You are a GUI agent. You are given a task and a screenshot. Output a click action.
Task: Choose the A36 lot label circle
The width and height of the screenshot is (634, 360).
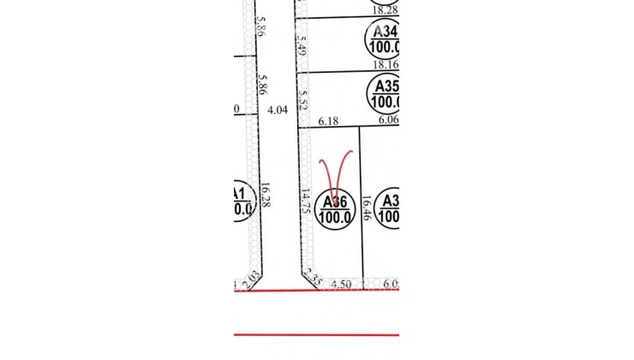[335, 208]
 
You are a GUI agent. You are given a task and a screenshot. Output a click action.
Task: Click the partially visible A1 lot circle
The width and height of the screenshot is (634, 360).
[242, 200]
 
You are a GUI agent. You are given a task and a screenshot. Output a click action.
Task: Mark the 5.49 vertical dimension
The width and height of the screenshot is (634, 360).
[301, 44]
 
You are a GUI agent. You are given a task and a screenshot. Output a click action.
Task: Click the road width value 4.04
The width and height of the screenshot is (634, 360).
[277, 111]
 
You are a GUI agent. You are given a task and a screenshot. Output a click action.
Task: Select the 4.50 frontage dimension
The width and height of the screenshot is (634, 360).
[342, 283]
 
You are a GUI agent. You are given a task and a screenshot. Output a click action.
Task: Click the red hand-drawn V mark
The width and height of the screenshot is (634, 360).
[335, 171]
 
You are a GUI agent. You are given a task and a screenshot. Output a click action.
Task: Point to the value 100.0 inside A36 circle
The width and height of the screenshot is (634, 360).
[335, 218]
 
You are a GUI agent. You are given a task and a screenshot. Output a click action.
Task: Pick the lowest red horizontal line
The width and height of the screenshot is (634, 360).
[317, 335]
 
